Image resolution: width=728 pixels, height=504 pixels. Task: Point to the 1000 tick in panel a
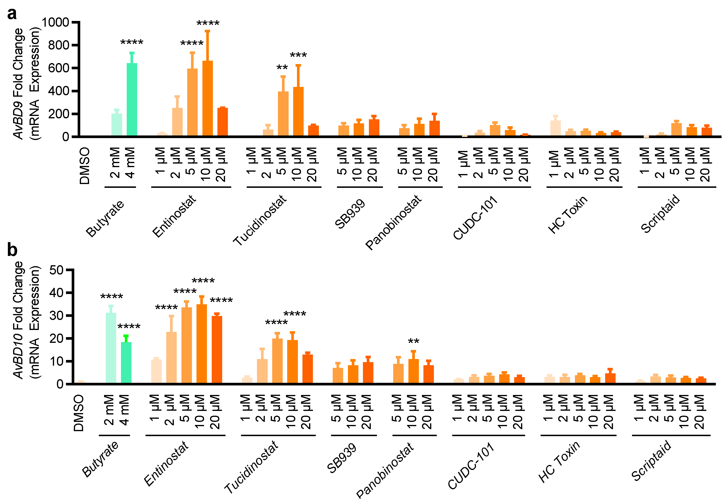click(x=55, y=22)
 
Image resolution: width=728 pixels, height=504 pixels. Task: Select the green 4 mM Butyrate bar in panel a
click(x=132, y=100)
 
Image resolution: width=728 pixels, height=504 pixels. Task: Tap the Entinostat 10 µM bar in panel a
click(x=207, y=98)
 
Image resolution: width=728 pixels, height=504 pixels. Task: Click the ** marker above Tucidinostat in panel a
click(x=282, y=68)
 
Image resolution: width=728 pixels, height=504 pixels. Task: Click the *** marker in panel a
click(x=298, y=55)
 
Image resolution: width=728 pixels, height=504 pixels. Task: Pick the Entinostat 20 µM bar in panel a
click(x=223, y=122)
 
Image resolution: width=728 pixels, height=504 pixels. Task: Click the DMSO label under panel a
click(x=85, y=165)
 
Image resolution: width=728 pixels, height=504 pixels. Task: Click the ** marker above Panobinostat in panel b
click(x=413, y=341)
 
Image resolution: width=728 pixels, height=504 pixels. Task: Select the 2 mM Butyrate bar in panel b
click(x=111, y=348)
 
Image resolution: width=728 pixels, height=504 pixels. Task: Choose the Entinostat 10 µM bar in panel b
click(x=201, y=344)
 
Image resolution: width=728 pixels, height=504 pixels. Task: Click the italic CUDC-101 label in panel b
click(x=471, y=466)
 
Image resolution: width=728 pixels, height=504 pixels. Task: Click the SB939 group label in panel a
click(x=350, y=214)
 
